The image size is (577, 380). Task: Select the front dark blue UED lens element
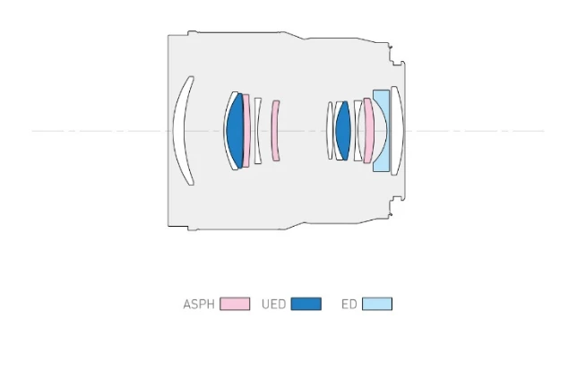(x=235, y=131)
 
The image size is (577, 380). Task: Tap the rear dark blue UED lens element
(x=342, y=131)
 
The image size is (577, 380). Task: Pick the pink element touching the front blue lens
(x=246, y=131)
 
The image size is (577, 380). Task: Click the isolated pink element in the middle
(x=275, y=131)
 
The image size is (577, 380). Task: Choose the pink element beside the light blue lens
(x=368, y=131)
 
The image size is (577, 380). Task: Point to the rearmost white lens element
(x=397, y=131)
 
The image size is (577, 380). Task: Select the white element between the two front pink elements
(x=258, y=131)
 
